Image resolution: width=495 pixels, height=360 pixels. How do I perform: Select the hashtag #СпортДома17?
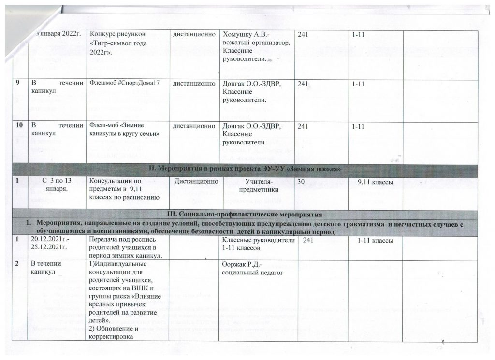pyautogui.click(x=125, y=83)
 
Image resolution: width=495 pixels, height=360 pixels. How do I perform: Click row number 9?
pyautogui.click(x=17, y=83)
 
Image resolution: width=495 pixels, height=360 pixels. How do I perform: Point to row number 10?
pyautogui.click(x=19, y=125)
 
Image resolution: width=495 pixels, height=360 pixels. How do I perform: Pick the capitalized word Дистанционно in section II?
pyautogui.click(x=194, y=182)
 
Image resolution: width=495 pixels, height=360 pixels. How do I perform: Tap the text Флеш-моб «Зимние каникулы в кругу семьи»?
pyautogui.click(x=124, y=129)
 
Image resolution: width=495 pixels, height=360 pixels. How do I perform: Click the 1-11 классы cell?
pyautogui.click(x=375, y=240)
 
